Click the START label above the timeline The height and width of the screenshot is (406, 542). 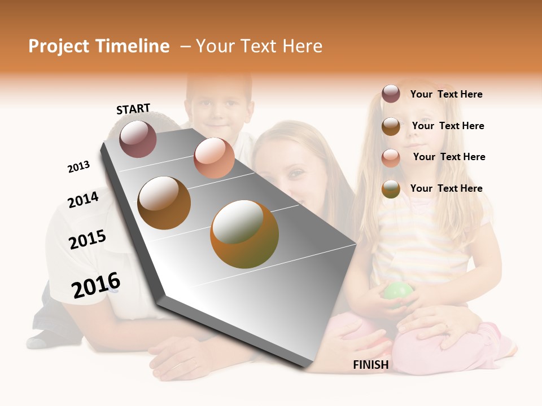point(133,109)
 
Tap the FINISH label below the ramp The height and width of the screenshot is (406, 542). point(370,365)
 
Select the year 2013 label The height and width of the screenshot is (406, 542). point(78,167)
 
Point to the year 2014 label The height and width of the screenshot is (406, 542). point(83,200)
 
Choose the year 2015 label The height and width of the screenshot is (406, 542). point(87,240)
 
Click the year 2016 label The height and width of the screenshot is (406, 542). point(96,285)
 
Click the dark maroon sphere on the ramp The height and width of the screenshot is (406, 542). point(138,139)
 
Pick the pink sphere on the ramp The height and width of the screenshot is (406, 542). point(214,158)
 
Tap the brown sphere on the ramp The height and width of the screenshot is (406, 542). point(164,202)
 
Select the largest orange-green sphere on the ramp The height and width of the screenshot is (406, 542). point(244,234)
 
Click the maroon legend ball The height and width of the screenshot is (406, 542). point(391,94)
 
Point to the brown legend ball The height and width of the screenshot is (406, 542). point(391,126)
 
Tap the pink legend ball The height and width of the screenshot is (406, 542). point(391,158)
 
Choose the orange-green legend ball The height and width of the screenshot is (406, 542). point(391,189)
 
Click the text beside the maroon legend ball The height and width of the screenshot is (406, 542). point(446,94)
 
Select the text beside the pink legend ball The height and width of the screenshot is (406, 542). point(449,157)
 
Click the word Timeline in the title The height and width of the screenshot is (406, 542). point(132,46)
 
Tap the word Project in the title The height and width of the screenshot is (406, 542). point(59,46)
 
